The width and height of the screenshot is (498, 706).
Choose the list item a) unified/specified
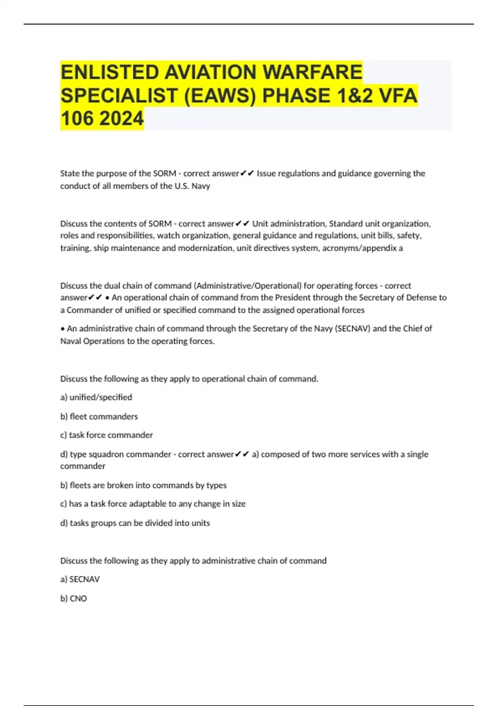[96, 397]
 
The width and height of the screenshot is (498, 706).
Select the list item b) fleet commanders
[99, 416]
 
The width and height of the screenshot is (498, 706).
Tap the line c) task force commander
[107, 435]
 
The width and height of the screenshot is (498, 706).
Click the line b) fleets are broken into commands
[144, 485]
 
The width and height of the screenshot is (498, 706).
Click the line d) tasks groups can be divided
[135, 523]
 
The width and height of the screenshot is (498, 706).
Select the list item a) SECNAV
[80, 579]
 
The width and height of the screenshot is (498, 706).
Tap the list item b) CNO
[73, 598]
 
